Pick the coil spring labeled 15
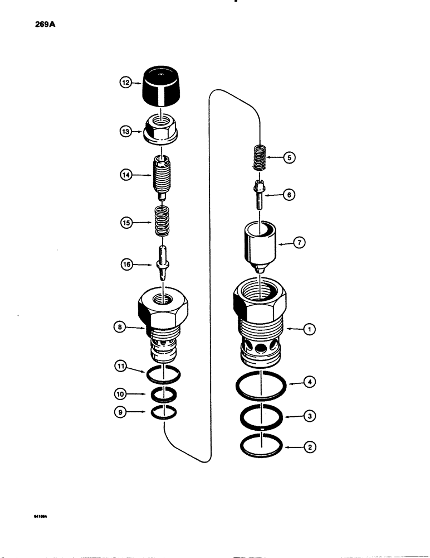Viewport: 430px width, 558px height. (163, 222)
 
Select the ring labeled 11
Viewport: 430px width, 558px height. (164, 374)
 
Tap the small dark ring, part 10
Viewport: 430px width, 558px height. (164, 395)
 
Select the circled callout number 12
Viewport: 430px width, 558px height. (124, 82)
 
